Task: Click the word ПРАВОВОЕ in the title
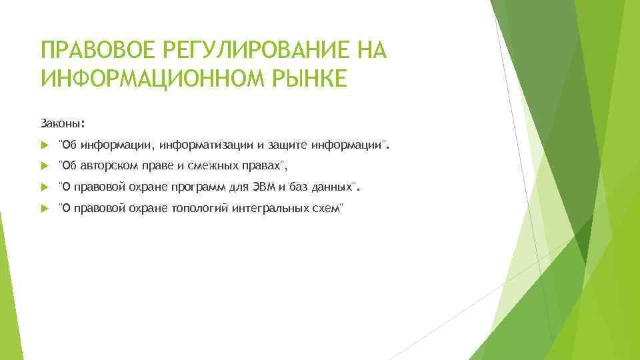tap(89, 50)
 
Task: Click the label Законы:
tap(63, 123)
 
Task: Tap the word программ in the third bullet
tap(197, 187)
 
